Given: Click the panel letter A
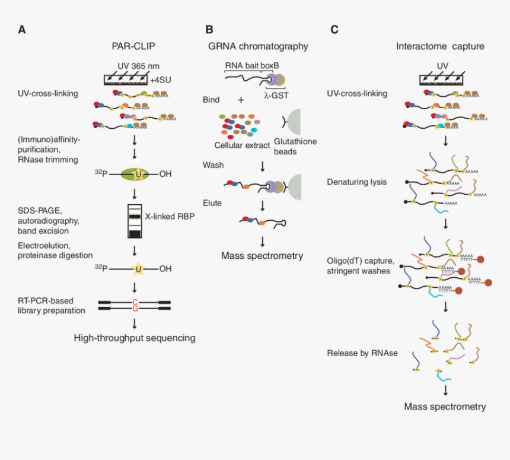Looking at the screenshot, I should point(22,29).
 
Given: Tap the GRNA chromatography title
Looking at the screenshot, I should point(259,46).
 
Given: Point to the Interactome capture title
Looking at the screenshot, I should point(440,46).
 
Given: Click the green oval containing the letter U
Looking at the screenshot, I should point(137,173).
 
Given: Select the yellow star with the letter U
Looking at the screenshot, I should point(138,269).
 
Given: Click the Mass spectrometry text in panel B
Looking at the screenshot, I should point(262,256).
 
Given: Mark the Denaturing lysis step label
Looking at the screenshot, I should point(357,182).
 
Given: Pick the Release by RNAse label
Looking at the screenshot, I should point(362,353).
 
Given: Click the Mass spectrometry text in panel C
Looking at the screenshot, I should point(445,407).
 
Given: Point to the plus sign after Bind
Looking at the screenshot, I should point(241,100).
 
